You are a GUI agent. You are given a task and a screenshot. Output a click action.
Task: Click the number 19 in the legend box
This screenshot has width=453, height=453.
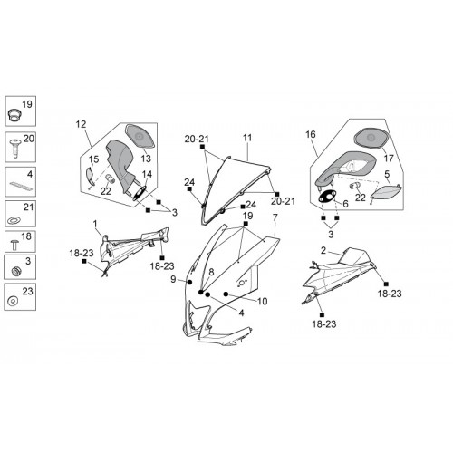tap(27, 104)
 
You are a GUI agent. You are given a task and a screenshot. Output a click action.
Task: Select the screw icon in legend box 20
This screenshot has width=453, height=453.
tap(14, 148)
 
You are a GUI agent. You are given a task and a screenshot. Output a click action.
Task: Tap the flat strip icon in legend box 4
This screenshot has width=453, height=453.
tap(21, 186)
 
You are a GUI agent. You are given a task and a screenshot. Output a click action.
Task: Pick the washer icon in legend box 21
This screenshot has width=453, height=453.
tap(13, 220)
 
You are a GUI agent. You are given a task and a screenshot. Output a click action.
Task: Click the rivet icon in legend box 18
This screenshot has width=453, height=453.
tap(14, 245)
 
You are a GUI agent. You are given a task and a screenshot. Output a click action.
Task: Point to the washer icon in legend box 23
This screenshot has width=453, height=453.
tap(13, 301)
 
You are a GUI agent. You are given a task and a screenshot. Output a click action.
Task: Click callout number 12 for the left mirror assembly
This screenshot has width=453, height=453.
tap(81, 124)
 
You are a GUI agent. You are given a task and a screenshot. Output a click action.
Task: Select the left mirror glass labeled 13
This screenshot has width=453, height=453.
tap(140, 136)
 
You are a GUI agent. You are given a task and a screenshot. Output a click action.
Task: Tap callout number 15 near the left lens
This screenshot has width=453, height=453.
tap(93, 159)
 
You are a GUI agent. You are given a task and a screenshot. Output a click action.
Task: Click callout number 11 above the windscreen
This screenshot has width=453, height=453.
tap(247, 138)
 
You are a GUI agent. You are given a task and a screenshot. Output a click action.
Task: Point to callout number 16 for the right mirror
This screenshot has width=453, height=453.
tap(311, 134)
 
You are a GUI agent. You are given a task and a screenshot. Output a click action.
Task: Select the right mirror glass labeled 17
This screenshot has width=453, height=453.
tap(371, 138)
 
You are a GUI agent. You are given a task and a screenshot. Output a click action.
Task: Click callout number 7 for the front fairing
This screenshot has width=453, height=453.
tap(275, 217)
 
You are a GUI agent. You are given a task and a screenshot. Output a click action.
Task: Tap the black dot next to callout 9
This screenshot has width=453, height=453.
tap(189, 283)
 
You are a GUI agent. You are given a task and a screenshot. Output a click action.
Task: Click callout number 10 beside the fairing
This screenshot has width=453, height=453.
tap(263, 301)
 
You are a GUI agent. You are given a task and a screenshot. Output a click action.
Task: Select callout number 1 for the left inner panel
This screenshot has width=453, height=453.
tap(95, 224)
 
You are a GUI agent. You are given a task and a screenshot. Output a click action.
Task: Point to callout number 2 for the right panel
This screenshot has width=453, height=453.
tap(323, 250)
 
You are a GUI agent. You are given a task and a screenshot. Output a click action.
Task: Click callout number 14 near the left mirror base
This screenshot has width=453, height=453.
tap(147, 174)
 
